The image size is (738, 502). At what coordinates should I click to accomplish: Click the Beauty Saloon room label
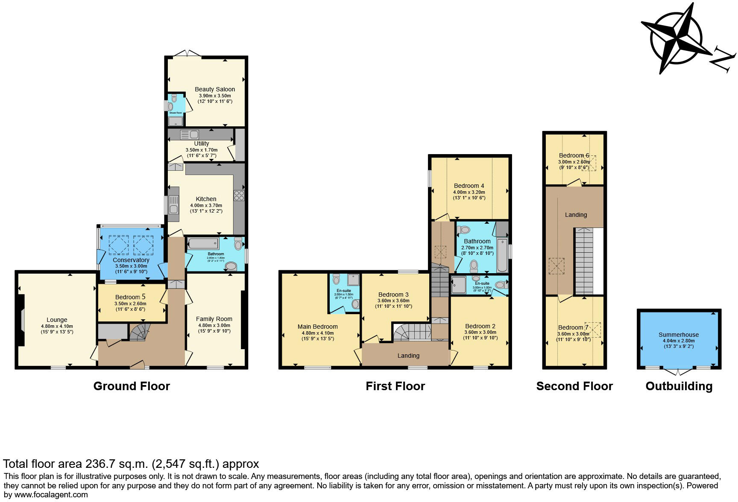(215, 89)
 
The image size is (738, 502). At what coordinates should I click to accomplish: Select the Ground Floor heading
(132, 386)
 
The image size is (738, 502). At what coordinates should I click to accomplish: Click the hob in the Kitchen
(239, 196)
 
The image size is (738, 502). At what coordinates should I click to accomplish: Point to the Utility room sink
(190, 134)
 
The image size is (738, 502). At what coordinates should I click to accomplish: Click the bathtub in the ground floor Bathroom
(203, 244)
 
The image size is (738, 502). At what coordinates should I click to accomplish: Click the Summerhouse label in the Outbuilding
(679, 335)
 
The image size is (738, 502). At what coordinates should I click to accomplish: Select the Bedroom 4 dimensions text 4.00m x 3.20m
(469, 192)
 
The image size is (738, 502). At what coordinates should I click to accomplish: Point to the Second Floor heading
(574, 386)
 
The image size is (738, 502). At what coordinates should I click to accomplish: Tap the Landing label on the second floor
(576, 215)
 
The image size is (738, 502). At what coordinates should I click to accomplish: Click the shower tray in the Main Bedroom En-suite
(354, 280)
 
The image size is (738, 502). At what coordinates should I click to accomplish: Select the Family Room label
(214, 319)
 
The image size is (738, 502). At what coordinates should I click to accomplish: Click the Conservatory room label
(131, 260)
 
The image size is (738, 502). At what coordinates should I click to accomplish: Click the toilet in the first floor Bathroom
(474, 266)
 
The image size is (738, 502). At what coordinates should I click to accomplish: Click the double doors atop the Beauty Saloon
(187, 54)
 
